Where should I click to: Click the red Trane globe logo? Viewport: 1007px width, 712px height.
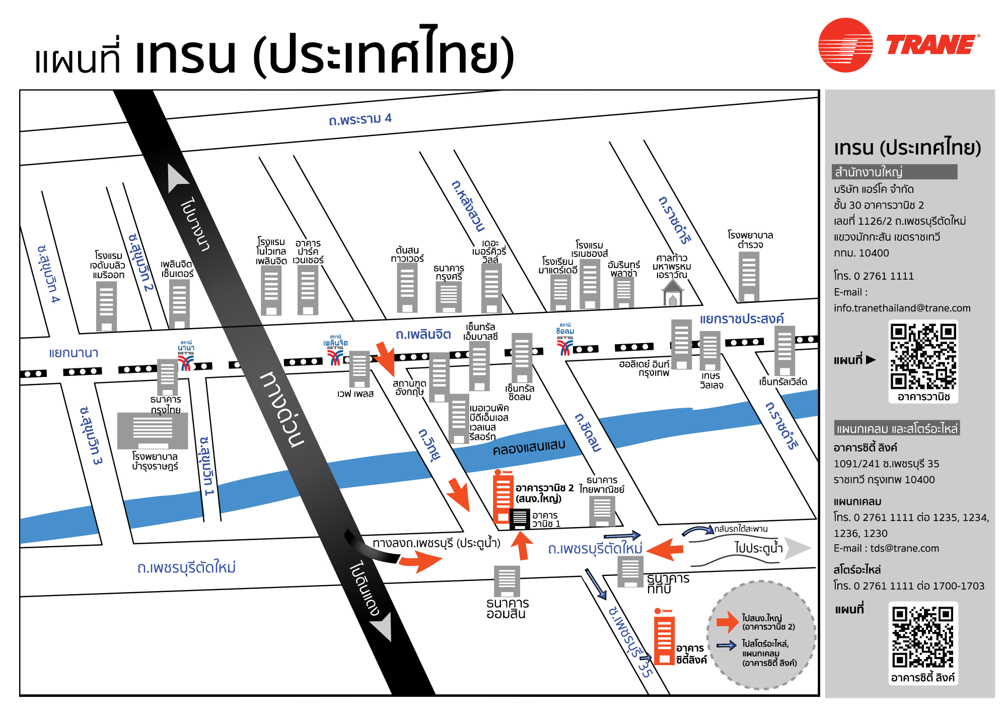[x=845, y=45]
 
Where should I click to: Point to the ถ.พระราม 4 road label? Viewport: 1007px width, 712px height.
[x=359, y=119]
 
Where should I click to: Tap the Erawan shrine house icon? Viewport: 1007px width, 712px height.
[x=673, y=293]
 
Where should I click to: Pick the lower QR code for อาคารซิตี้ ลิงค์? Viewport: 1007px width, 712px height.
[x=923, y=637]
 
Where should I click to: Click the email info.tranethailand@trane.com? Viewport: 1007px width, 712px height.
[x=902, y=308]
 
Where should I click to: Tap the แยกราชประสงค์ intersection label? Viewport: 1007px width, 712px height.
[x=741, y=318]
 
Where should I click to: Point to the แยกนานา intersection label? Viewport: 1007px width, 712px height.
[x=74, y=353]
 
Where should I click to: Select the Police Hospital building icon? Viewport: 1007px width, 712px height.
[x=749, y=276]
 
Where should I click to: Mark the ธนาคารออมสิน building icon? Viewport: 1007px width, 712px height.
[x=507, y=581]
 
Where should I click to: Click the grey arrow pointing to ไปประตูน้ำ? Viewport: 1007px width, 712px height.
[x=798, y=548]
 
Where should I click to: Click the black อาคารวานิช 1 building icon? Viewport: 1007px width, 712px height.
[x=520, y=519]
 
